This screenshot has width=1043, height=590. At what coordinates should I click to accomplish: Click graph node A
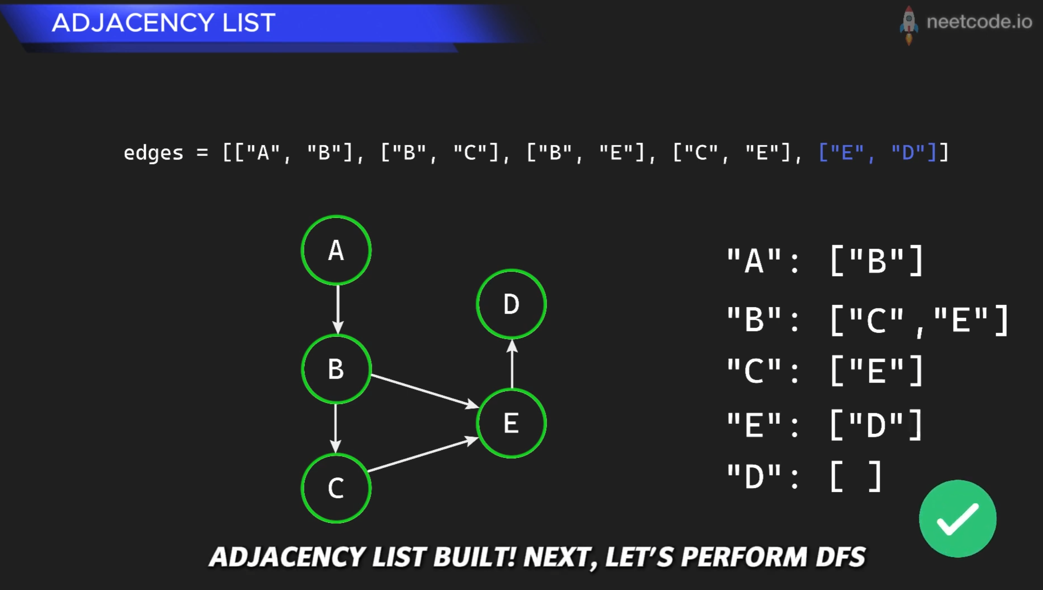[336, 250]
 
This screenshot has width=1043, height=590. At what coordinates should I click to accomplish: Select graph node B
[336, 369]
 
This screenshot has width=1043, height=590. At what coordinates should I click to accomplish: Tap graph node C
[336, 488]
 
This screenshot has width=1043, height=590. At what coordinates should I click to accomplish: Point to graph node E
[511, 423]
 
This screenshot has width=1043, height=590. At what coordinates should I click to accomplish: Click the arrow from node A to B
[337, 310]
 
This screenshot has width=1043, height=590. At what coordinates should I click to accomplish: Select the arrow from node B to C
[336, 429]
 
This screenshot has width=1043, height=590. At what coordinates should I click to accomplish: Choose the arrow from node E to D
[512, 364]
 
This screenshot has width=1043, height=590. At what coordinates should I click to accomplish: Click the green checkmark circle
[957, 518]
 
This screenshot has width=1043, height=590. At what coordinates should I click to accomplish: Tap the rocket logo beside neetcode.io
[909, 25]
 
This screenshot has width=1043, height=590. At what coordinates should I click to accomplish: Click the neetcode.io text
[979, 22]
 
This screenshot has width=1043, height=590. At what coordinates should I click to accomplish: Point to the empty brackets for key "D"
[856, 476]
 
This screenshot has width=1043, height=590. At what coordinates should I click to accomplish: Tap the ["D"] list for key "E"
[877, 425]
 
